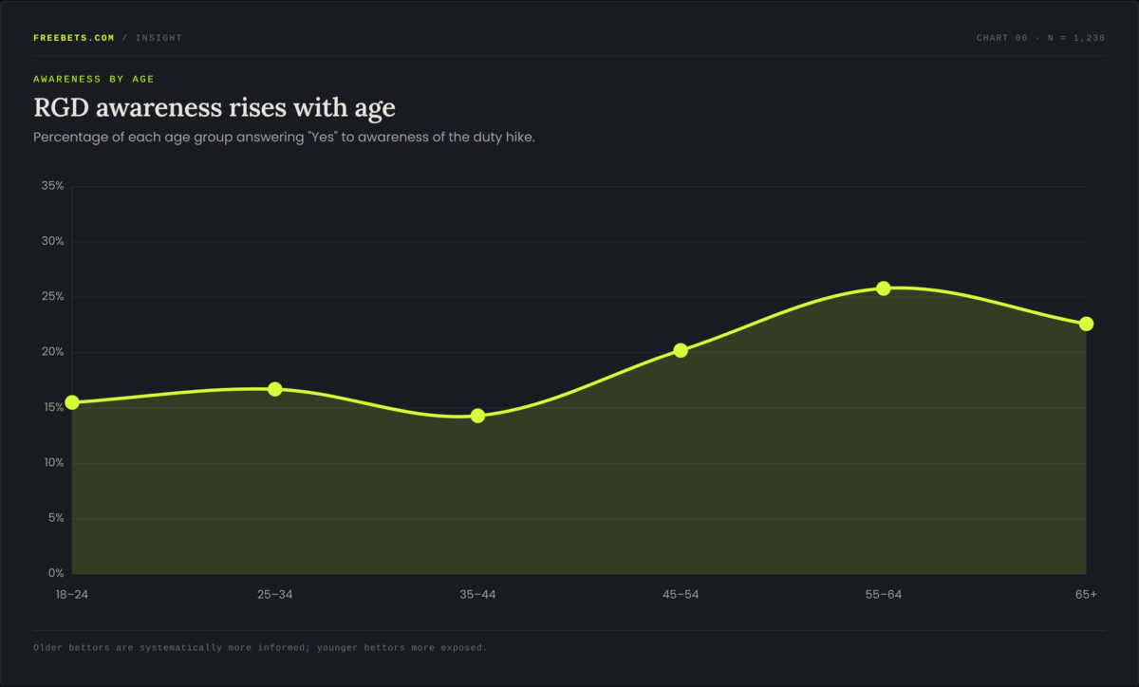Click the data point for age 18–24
click(72, 402)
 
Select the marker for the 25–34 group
click(275, 389)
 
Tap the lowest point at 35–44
click(477, 416)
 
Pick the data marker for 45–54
click(681, 350)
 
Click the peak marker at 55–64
click(884, 288)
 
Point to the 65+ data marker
click(1086, 324)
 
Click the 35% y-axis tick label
click(53, 186)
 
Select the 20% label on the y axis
click(53, 352)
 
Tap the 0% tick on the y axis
click(56, 573)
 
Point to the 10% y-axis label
click(54, 463)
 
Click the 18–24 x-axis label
click(72, 594)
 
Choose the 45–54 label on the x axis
click(681, 594)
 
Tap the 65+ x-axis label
click(1086, 594)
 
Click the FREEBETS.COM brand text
click(74, 38)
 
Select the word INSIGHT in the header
click(159, 38)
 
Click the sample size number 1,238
click(1090, 38)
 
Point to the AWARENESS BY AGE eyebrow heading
click(94, 80)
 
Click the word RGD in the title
click(61, 108)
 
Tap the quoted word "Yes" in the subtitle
click(323, 138)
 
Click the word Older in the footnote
click(47, 648)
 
